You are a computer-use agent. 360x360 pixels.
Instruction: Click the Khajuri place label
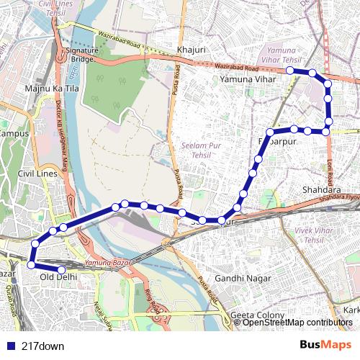click(191, 50)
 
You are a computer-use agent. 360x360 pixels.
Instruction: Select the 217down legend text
click(43, 346)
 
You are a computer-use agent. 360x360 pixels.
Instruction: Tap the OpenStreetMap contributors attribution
click(298, 323)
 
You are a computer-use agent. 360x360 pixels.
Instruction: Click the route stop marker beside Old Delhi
click(62, 271)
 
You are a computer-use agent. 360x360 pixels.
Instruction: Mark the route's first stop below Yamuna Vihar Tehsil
click(289, 71)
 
